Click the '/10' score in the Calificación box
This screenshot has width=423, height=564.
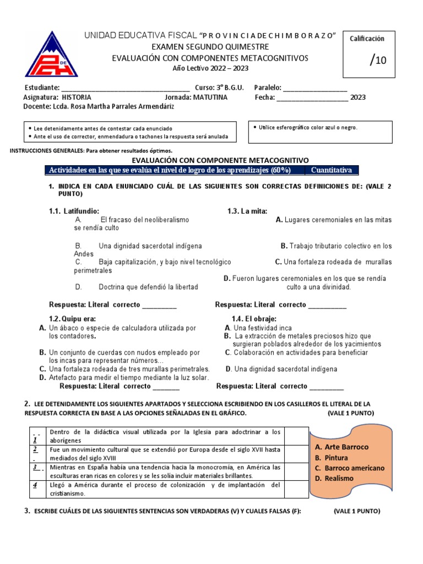pyautogui.click(x=378, y=60)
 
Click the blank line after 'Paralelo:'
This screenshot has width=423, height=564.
pyautogui.click(x=315, y=88)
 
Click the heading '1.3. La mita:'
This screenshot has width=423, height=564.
pyautogui.click(x=248, y=211)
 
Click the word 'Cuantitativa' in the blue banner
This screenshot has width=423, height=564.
pyautogui.click(x=331, y=170)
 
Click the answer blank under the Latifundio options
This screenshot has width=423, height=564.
pyautogui.click(x=159, y=305)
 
